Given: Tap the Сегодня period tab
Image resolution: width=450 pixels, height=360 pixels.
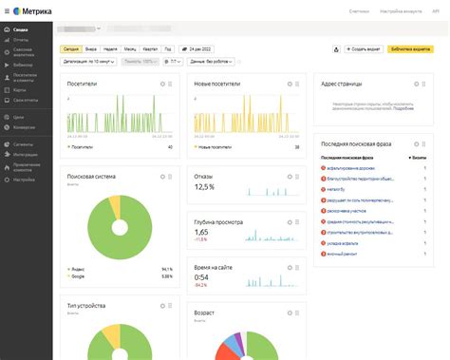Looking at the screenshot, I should click(71, 47).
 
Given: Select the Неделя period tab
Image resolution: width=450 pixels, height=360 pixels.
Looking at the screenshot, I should click(109, 47).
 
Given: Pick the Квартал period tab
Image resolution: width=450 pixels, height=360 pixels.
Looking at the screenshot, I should click(150, 47).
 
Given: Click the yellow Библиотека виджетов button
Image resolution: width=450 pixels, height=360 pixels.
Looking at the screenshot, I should click(409, 47).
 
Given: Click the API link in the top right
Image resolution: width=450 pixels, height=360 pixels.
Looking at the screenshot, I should click(436, 10).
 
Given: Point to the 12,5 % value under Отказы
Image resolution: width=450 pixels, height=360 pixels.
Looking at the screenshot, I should click(204, 187).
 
